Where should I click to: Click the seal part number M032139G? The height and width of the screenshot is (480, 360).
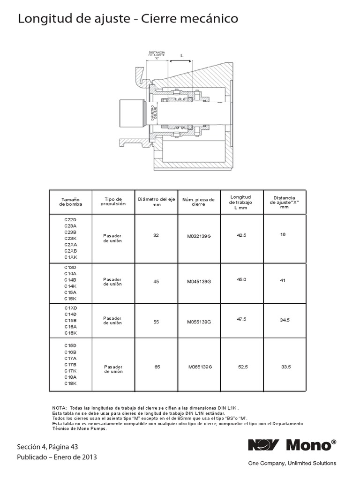[199, 236]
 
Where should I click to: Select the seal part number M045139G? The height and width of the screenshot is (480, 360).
[199, 282]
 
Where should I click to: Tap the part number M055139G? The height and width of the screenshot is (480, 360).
[199, 322]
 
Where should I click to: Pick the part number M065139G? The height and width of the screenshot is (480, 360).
[200, 367]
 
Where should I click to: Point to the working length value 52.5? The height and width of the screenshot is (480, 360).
[242, 367]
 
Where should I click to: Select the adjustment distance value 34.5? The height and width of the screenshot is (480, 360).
[285, 320]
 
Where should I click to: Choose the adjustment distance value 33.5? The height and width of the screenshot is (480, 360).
[286, 367]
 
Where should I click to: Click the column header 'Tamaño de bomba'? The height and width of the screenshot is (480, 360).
[71, 202]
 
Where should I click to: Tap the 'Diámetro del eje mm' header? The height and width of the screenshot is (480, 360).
[156, 202]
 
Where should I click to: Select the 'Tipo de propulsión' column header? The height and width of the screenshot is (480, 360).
[113, 202]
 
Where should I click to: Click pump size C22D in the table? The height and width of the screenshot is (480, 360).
[70, 219]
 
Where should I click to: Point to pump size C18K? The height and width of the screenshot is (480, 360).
[70, 383]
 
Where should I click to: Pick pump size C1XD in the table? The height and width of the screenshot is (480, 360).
[70, 307]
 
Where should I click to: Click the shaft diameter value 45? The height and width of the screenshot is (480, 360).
[156, 282]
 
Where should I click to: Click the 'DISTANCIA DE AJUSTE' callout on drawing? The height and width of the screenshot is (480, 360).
[157, 55]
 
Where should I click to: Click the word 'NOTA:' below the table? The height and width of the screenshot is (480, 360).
[60, 408]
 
